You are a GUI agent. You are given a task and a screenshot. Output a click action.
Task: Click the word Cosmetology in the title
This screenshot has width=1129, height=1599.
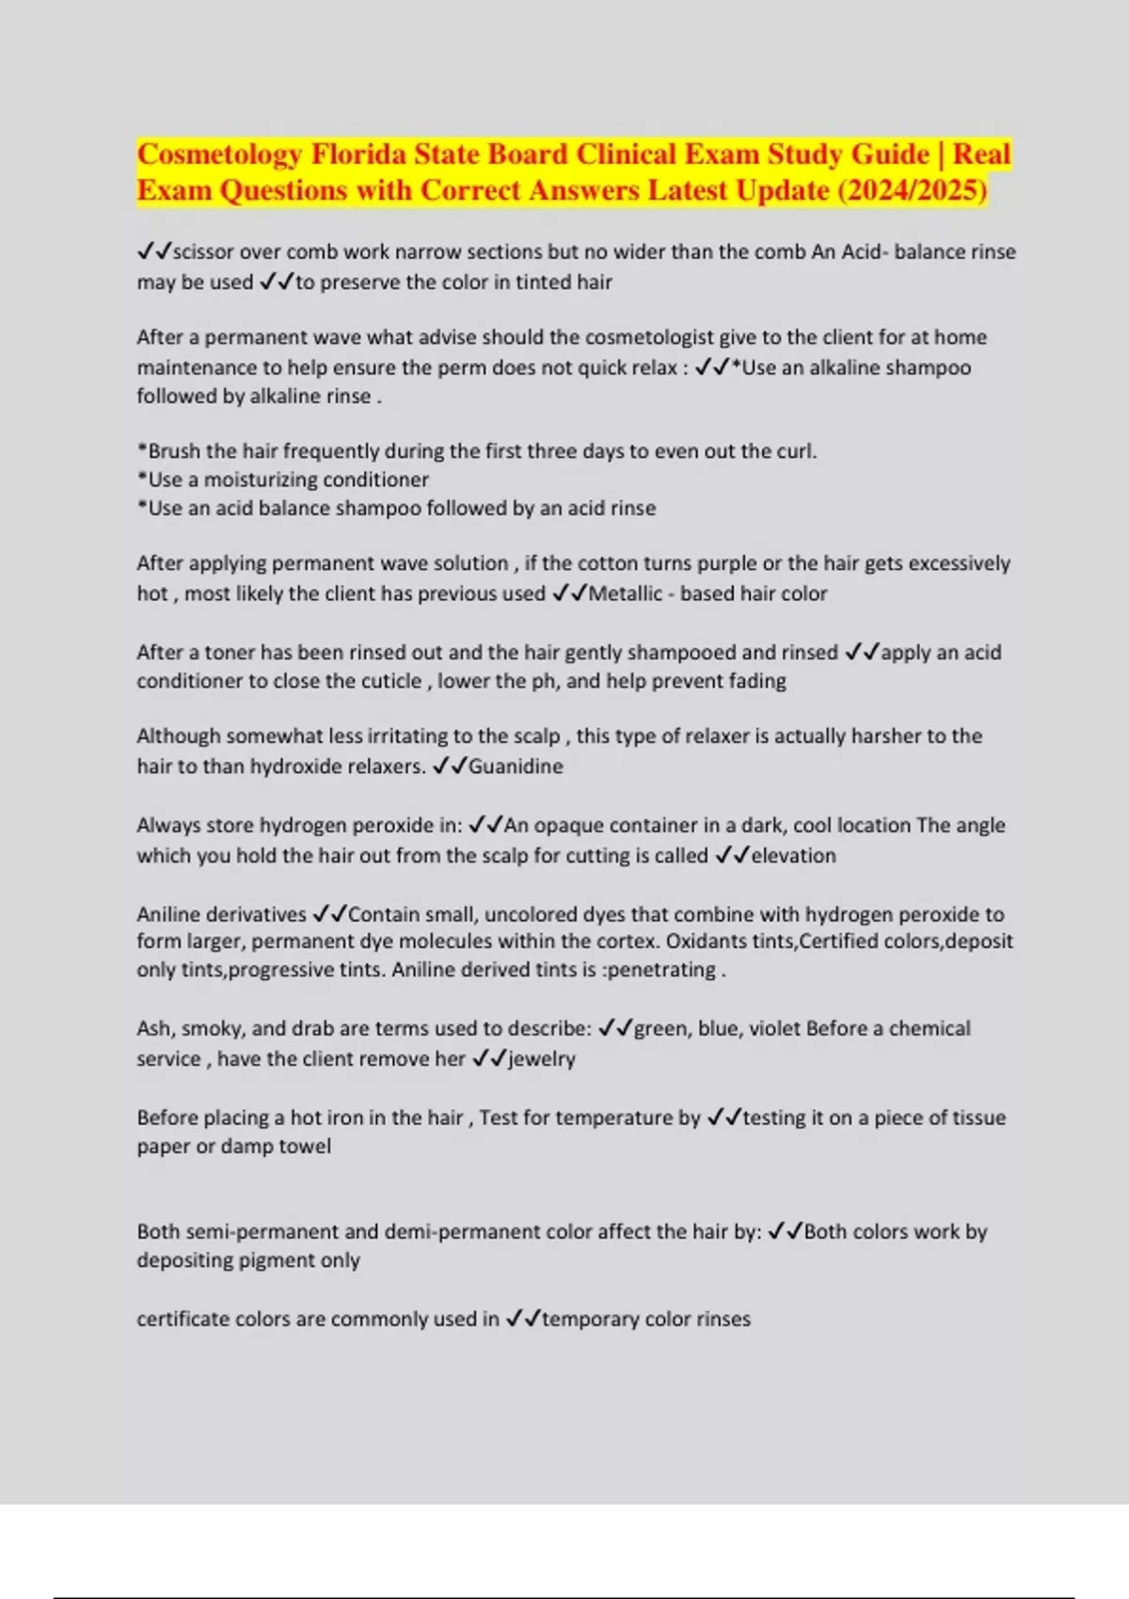tap(219, 154)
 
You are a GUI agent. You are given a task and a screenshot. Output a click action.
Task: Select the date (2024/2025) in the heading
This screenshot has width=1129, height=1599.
tap(912, 190)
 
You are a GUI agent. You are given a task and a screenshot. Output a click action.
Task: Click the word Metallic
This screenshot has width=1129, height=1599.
tap(625, 594)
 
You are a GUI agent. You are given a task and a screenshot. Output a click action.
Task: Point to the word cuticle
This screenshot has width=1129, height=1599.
tap(385, 681)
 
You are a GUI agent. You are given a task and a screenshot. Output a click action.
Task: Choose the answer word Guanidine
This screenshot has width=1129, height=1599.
tap(516, 767)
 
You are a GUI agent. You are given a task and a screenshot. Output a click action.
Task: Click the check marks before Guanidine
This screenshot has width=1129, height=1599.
tap(449, 767)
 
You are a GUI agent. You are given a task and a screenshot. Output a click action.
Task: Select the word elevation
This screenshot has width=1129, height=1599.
tap(793, 856)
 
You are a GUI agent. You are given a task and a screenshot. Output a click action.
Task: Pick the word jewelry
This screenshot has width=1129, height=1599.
tap(541, 1059)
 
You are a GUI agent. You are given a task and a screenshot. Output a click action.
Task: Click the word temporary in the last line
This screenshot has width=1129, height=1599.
tap(591, 1320)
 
